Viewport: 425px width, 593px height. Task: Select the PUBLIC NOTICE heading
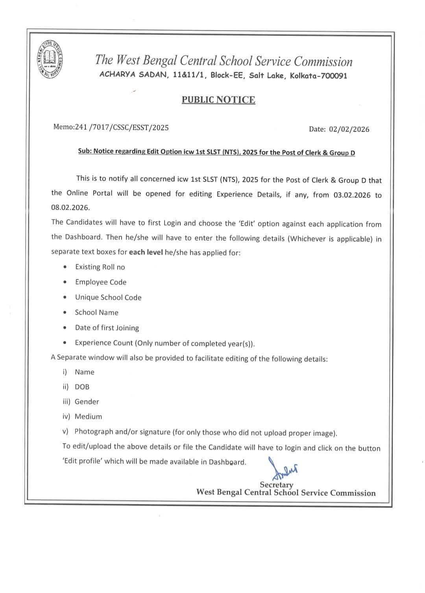click(x=218, y=100)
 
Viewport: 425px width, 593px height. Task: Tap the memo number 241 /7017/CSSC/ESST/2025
click(x=111, y=127)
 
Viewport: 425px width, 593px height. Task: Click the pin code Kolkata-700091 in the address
click(x=318, y=76)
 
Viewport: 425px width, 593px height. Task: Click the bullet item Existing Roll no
click(x=100, y=267)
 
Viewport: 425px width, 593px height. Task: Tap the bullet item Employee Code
click(x=101, y=282)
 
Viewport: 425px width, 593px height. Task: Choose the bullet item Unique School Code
click(x=108, y=297)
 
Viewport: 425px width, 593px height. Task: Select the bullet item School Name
click(x=96, y=312)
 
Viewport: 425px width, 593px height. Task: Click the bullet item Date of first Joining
click(x=107, y=328)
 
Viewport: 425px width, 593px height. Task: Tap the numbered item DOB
click(x=82, y=387)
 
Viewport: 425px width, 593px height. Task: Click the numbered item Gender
click(x=87, y=402)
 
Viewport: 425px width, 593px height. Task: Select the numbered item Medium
click(x=88, y=417)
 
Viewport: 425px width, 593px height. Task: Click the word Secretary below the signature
click(x=276, y=485)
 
